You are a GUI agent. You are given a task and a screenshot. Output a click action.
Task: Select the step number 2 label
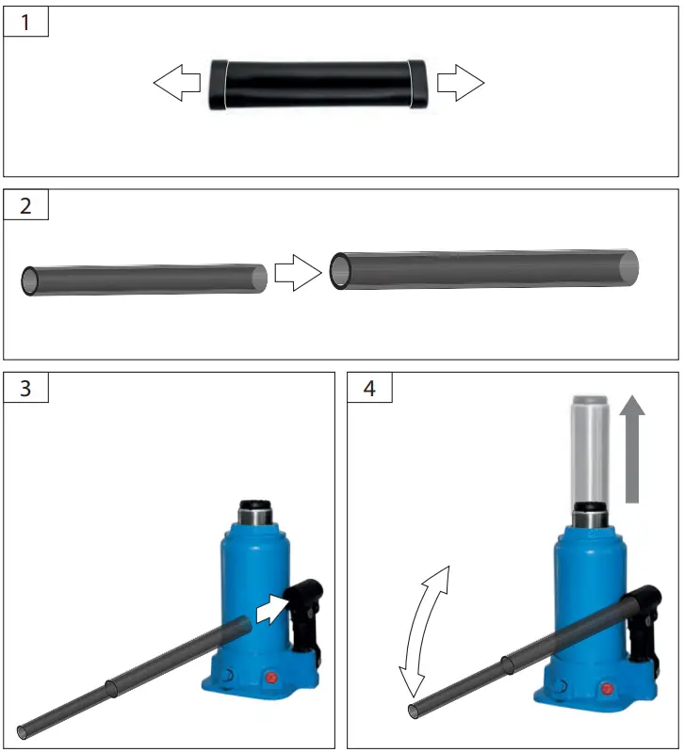[x=25, y=206]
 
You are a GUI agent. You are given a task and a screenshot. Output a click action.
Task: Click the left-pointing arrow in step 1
[x=177, y=84]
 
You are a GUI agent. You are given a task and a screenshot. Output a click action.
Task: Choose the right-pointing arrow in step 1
[x=461, y=84]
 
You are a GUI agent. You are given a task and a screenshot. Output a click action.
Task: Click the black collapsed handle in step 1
[x=319, y=85]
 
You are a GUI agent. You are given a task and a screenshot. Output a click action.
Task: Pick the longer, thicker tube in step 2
[x=484, y=270]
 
